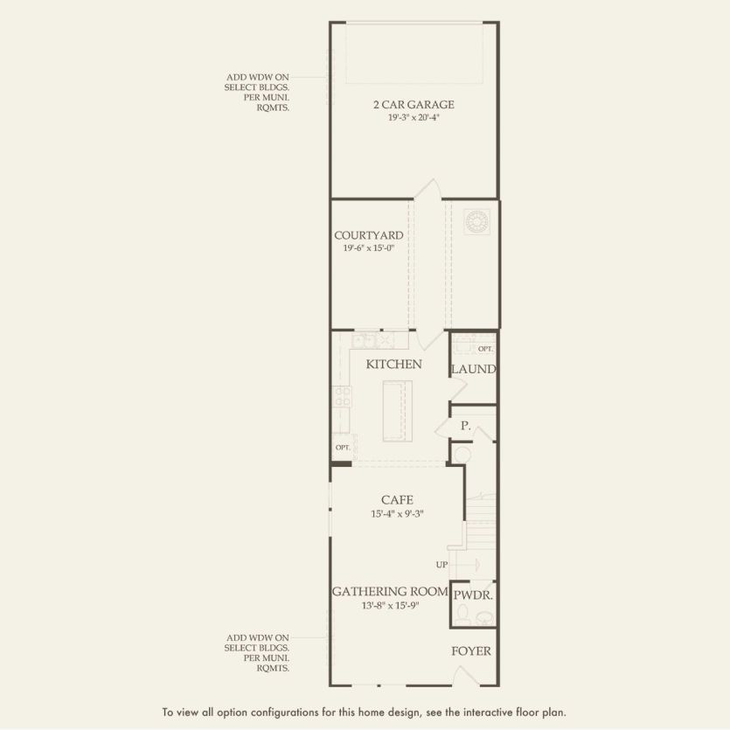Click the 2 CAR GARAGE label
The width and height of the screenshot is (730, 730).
tap(414, 105)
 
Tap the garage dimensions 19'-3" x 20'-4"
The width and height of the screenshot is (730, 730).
tap(414, 117)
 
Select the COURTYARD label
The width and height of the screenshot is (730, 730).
tap(368, 235)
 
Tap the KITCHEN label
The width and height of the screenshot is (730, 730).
tap(393, 364)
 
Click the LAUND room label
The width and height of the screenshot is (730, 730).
tap(473, 369)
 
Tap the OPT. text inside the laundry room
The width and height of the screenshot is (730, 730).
tap(484, 348)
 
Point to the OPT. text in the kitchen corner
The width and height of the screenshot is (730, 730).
tap(343, 447)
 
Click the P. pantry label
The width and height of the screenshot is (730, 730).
tap(466, 427)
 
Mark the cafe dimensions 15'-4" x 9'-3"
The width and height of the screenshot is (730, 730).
tap(396, 514)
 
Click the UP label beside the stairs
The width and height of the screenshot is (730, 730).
tap(442, 564)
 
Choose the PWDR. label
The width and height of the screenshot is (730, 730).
tap(473, 595)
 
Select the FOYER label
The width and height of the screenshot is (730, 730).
tap(470, 651)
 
